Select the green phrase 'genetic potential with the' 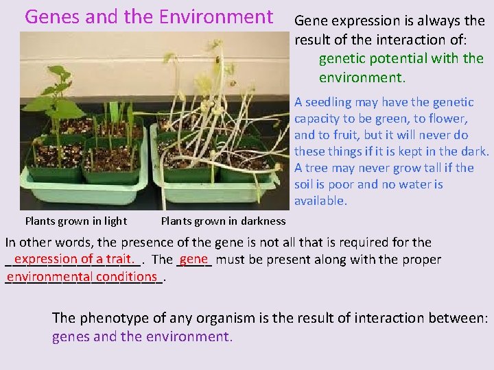pyautogui.click(x=401, y=58)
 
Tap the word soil pyautogui.click(x=306, y=184)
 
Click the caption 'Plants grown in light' pyautogui.click(x=75, y=221)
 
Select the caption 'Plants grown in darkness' pyautogui.click(x=223, y=221)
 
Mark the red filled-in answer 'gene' pyautogui.click(x=194, y=259)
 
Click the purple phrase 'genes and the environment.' pyautogui.click(x=142, y=336)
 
